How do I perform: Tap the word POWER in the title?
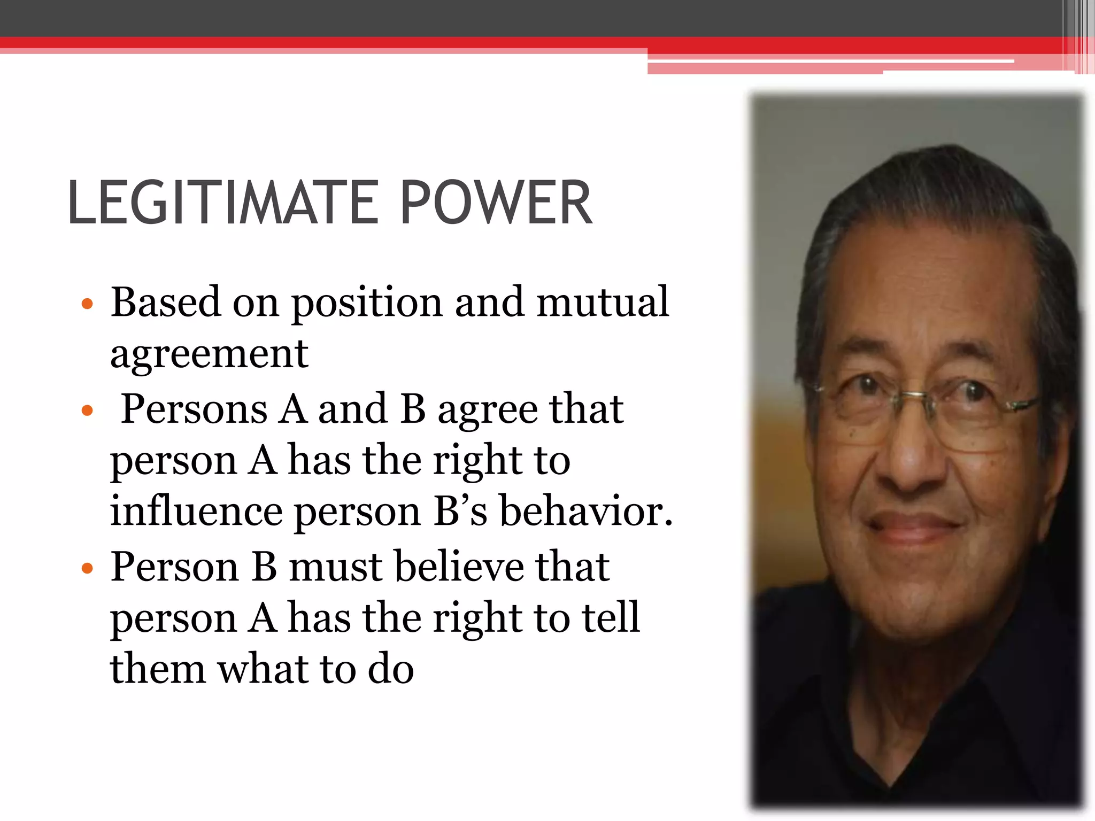coord(496,203)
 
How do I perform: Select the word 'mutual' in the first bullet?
coord(603,302)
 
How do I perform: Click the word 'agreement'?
coord(209,354)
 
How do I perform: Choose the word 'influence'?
coord(196,510)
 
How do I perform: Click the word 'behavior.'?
coord(585,510)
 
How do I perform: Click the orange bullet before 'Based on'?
coord(87,305)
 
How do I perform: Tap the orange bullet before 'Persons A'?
coord(87,411)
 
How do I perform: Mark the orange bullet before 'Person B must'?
coord(87,568)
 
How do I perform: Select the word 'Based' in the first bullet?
coord(165,302)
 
